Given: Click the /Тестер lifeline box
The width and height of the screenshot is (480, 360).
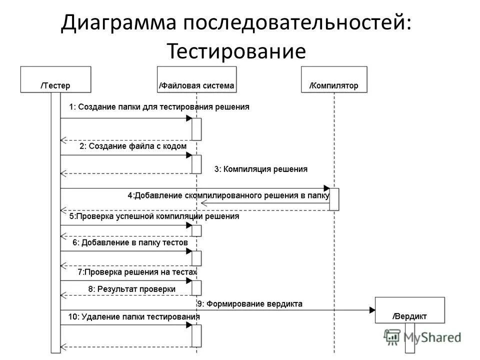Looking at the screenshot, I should [55, 79].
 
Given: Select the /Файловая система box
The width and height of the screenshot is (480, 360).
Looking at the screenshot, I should [196, 79].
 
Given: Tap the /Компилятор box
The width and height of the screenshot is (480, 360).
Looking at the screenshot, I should [333, 79].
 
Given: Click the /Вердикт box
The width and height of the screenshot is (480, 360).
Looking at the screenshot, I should [410, 310].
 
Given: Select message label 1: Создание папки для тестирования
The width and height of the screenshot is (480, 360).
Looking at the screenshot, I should [159, 107].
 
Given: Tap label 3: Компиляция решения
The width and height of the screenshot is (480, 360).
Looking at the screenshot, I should [261, 169].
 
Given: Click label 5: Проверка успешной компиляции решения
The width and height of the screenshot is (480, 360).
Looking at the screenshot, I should [154, 216].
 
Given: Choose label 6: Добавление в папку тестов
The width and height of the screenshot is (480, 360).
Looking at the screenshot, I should [130, 242].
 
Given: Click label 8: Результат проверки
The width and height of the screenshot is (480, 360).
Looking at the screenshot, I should [132, 288].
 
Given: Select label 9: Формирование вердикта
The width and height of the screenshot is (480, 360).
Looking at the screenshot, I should [249, 303].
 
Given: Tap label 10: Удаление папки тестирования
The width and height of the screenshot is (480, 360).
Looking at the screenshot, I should [134, 317].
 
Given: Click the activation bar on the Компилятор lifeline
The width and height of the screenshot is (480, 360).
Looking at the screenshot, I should [334, 199].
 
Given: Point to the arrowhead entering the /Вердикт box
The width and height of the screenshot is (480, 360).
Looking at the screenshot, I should [372, 310].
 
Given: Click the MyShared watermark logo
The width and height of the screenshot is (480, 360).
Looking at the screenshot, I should [422, 337].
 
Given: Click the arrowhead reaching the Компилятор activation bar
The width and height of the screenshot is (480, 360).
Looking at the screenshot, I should [326, 188].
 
